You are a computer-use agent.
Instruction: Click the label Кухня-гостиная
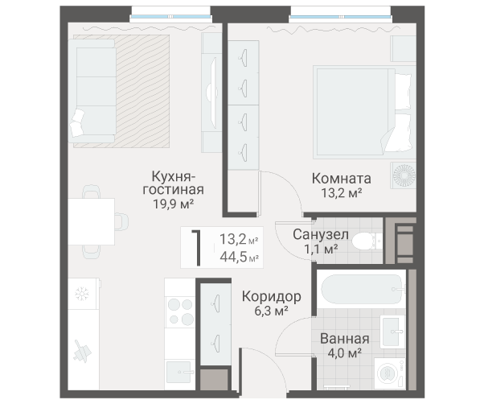tap(173, 183)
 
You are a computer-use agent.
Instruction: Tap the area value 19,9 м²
tap(173, 204)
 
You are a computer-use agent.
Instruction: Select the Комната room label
tap(341, 179)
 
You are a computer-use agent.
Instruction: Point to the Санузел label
tap(320, 234)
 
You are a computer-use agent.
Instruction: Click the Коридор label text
tap(271, 295)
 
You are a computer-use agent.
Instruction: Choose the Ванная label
tap(344, 339)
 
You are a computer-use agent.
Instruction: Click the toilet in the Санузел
tap(366, 240)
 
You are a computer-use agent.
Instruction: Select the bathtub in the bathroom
tap(359, 287)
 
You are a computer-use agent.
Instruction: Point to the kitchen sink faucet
tap(81, 352)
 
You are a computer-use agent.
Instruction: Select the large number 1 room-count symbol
tap(196, 247)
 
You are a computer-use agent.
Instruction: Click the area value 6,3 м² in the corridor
tap(271, 310)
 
